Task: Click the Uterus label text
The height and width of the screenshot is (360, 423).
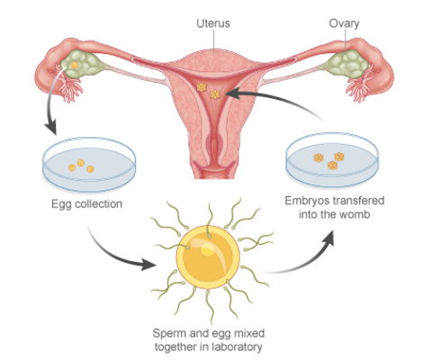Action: point(213,23)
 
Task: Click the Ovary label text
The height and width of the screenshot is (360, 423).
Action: point(344,23)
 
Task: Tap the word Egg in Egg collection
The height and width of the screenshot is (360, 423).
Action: point(61,204)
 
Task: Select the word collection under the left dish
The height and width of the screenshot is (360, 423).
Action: point(98,203)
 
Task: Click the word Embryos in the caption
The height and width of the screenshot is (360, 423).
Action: point(304,201)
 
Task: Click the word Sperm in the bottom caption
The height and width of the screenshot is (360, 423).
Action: point(167,333)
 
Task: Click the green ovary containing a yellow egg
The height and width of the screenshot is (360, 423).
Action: point(79,64)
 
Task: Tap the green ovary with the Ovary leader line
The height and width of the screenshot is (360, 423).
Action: point(348,64)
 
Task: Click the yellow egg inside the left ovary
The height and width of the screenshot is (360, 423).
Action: point(75,65)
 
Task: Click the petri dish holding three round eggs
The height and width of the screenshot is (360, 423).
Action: point(89,165)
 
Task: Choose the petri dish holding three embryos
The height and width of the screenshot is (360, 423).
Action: point(332,160)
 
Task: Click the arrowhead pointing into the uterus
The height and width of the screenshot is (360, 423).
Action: point(233,93)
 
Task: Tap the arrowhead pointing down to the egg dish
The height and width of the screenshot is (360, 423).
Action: point(51,127)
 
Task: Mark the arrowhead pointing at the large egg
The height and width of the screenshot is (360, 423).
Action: point(148,265)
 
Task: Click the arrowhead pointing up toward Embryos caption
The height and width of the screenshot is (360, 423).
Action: point(328,238)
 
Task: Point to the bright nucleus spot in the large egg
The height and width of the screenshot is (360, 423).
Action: point(208,249)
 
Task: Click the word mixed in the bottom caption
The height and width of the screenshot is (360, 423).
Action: point(249,333)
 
